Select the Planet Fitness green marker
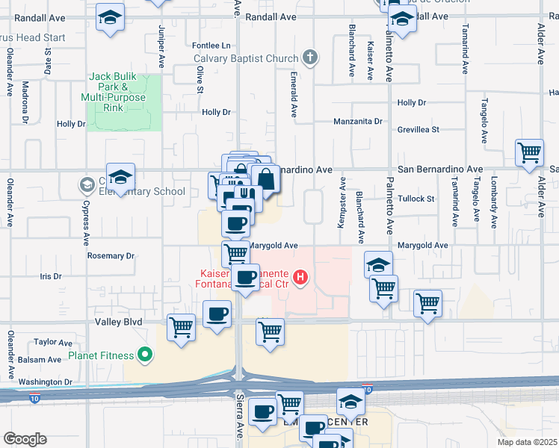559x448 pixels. coord(146,355)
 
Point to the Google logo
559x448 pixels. coord(25,439)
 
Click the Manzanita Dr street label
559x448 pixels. coord(357,121)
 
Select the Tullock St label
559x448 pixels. coord(416,199)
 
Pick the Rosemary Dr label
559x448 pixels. coord(111,255)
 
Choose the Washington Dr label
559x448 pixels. coord(45,382)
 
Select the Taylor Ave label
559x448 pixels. coord(53,342)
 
